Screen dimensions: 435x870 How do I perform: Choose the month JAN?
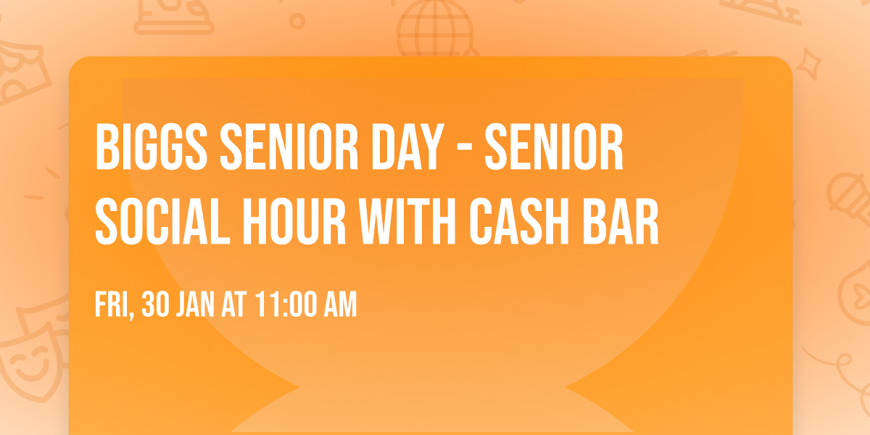pyautogui.click(x=194, y=306)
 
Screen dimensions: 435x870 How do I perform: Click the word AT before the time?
pyautogui.click(x=235, y=306)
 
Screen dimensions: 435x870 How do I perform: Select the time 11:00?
pyautogui.click(x=286, y=306)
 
